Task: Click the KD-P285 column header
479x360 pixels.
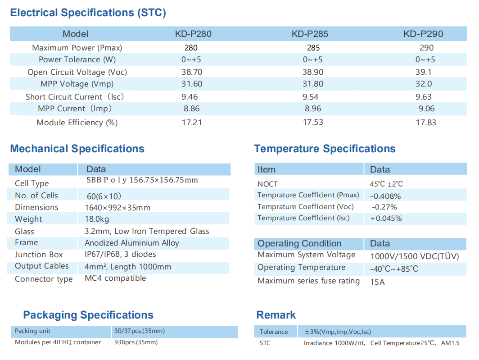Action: coord(310,34)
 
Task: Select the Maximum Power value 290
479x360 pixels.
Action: coord(426,48)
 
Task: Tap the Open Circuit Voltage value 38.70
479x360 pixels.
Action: coord(192,72)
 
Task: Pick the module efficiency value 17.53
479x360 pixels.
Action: coord(313,122)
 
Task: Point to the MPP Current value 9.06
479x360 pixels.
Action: coord(426,109)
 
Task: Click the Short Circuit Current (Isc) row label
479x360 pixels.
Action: coord(75,96)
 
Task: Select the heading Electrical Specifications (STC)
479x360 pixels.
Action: coord(88,13)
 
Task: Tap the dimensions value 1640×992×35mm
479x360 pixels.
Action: coord(117,207)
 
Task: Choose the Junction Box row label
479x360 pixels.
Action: coord(39,255)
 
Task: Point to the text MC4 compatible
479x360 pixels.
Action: coord(115,278)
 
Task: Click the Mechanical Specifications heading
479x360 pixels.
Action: coord(77,149)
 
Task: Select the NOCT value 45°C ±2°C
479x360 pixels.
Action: coord(386,184)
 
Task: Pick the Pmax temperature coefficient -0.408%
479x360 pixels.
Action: coord(385,196)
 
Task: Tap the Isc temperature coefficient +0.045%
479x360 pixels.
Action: coord(386,219)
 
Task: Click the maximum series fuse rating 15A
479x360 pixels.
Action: coord(377,282)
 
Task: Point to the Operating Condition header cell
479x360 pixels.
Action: coord(299,243)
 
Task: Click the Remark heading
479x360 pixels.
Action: coord(276,315)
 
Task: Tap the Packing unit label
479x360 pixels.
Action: coord(32,331)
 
